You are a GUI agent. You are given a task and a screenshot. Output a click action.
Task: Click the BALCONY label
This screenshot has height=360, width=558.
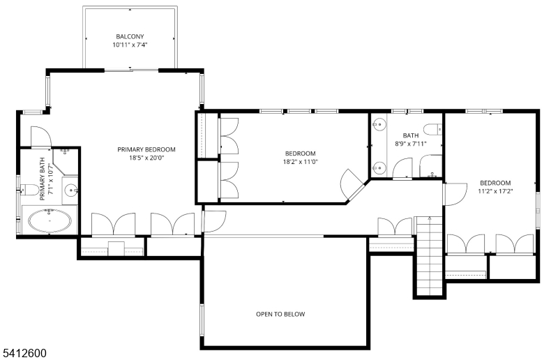[130, 36]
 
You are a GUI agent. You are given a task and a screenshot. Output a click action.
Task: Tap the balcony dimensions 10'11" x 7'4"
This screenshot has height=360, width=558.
[130, 45]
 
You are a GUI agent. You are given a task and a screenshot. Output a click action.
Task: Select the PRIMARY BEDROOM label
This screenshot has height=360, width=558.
[146, 149]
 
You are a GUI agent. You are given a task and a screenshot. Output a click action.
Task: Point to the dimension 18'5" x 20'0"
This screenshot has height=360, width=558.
[146, 158]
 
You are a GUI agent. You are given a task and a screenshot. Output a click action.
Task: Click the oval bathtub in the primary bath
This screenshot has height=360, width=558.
[50, 220]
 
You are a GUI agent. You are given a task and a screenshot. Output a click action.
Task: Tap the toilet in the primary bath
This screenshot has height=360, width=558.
[29, 190]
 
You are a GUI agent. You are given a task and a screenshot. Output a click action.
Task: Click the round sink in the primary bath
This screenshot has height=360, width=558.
[71, 190]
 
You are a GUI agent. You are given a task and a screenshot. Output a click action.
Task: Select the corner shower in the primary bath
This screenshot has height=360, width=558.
[65, 162]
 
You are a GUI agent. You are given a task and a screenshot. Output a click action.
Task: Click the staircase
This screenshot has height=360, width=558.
[429, 255]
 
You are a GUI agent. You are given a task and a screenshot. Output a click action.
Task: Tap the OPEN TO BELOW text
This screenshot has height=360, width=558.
[280, 314]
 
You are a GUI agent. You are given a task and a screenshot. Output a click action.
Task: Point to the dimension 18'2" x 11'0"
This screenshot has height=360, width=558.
[301, 162]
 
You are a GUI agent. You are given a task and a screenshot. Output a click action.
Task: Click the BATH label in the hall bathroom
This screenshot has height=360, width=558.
[411, 135]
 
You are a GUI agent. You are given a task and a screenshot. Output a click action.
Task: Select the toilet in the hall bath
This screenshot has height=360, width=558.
[432, 129]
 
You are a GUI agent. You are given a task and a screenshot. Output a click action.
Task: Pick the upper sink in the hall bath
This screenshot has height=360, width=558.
[379, 124]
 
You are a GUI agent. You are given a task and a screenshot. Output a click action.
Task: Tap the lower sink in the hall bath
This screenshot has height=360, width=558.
[379, 167]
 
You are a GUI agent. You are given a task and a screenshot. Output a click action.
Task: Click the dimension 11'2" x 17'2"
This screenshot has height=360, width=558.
[495, 191]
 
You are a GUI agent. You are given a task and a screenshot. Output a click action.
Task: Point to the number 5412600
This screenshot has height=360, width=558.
[25, 353]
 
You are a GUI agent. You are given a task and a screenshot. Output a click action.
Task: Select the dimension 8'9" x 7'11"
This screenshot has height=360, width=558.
[411, 144]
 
